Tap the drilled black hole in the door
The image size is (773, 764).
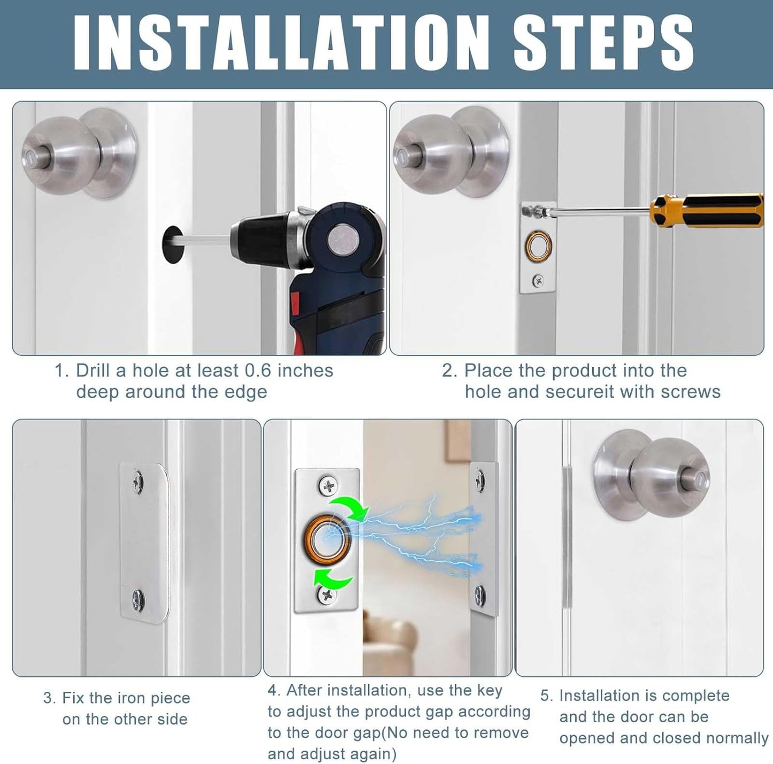172,245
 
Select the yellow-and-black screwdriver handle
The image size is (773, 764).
707,211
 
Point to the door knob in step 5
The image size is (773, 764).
651,480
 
